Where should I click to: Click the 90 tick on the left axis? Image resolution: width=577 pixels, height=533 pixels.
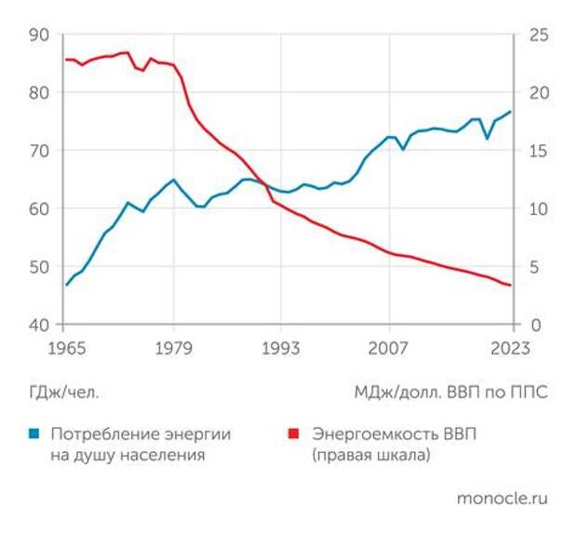click(x=39, y=34)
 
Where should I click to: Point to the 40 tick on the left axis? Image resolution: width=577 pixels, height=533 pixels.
click(x=39, y=325)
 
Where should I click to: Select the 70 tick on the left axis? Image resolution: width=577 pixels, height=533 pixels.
click(x=39, y=151)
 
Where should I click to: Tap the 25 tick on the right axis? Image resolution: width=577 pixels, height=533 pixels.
click(x=539, y=34)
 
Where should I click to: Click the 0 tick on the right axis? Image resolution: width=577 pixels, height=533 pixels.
click(x=533, y=325)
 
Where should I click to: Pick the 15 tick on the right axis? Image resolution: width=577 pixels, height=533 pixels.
click(x=539, y=151)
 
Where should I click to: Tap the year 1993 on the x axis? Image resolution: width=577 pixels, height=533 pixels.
click(x=280, y=349)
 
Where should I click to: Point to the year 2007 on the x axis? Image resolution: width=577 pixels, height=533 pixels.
click(x=388, y=349)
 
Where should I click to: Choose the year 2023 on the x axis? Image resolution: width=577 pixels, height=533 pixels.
click(x=511, y=349)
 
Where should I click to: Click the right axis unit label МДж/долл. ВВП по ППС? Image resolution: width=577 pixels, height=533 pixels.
click(x=450, y=393)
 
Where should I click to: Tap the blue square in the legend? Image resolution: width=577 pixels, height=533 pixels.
click(x=34, y=434)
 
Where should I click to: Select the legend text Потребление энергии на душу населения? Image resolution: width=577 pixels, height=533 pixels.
click(x=140, y=445)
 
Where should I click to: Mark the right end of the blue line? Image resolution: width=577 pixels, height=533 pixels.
click(x=511, y=113)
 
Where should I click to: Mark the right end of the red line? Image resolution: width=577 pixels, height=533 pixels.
click(x=511, y=286)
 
